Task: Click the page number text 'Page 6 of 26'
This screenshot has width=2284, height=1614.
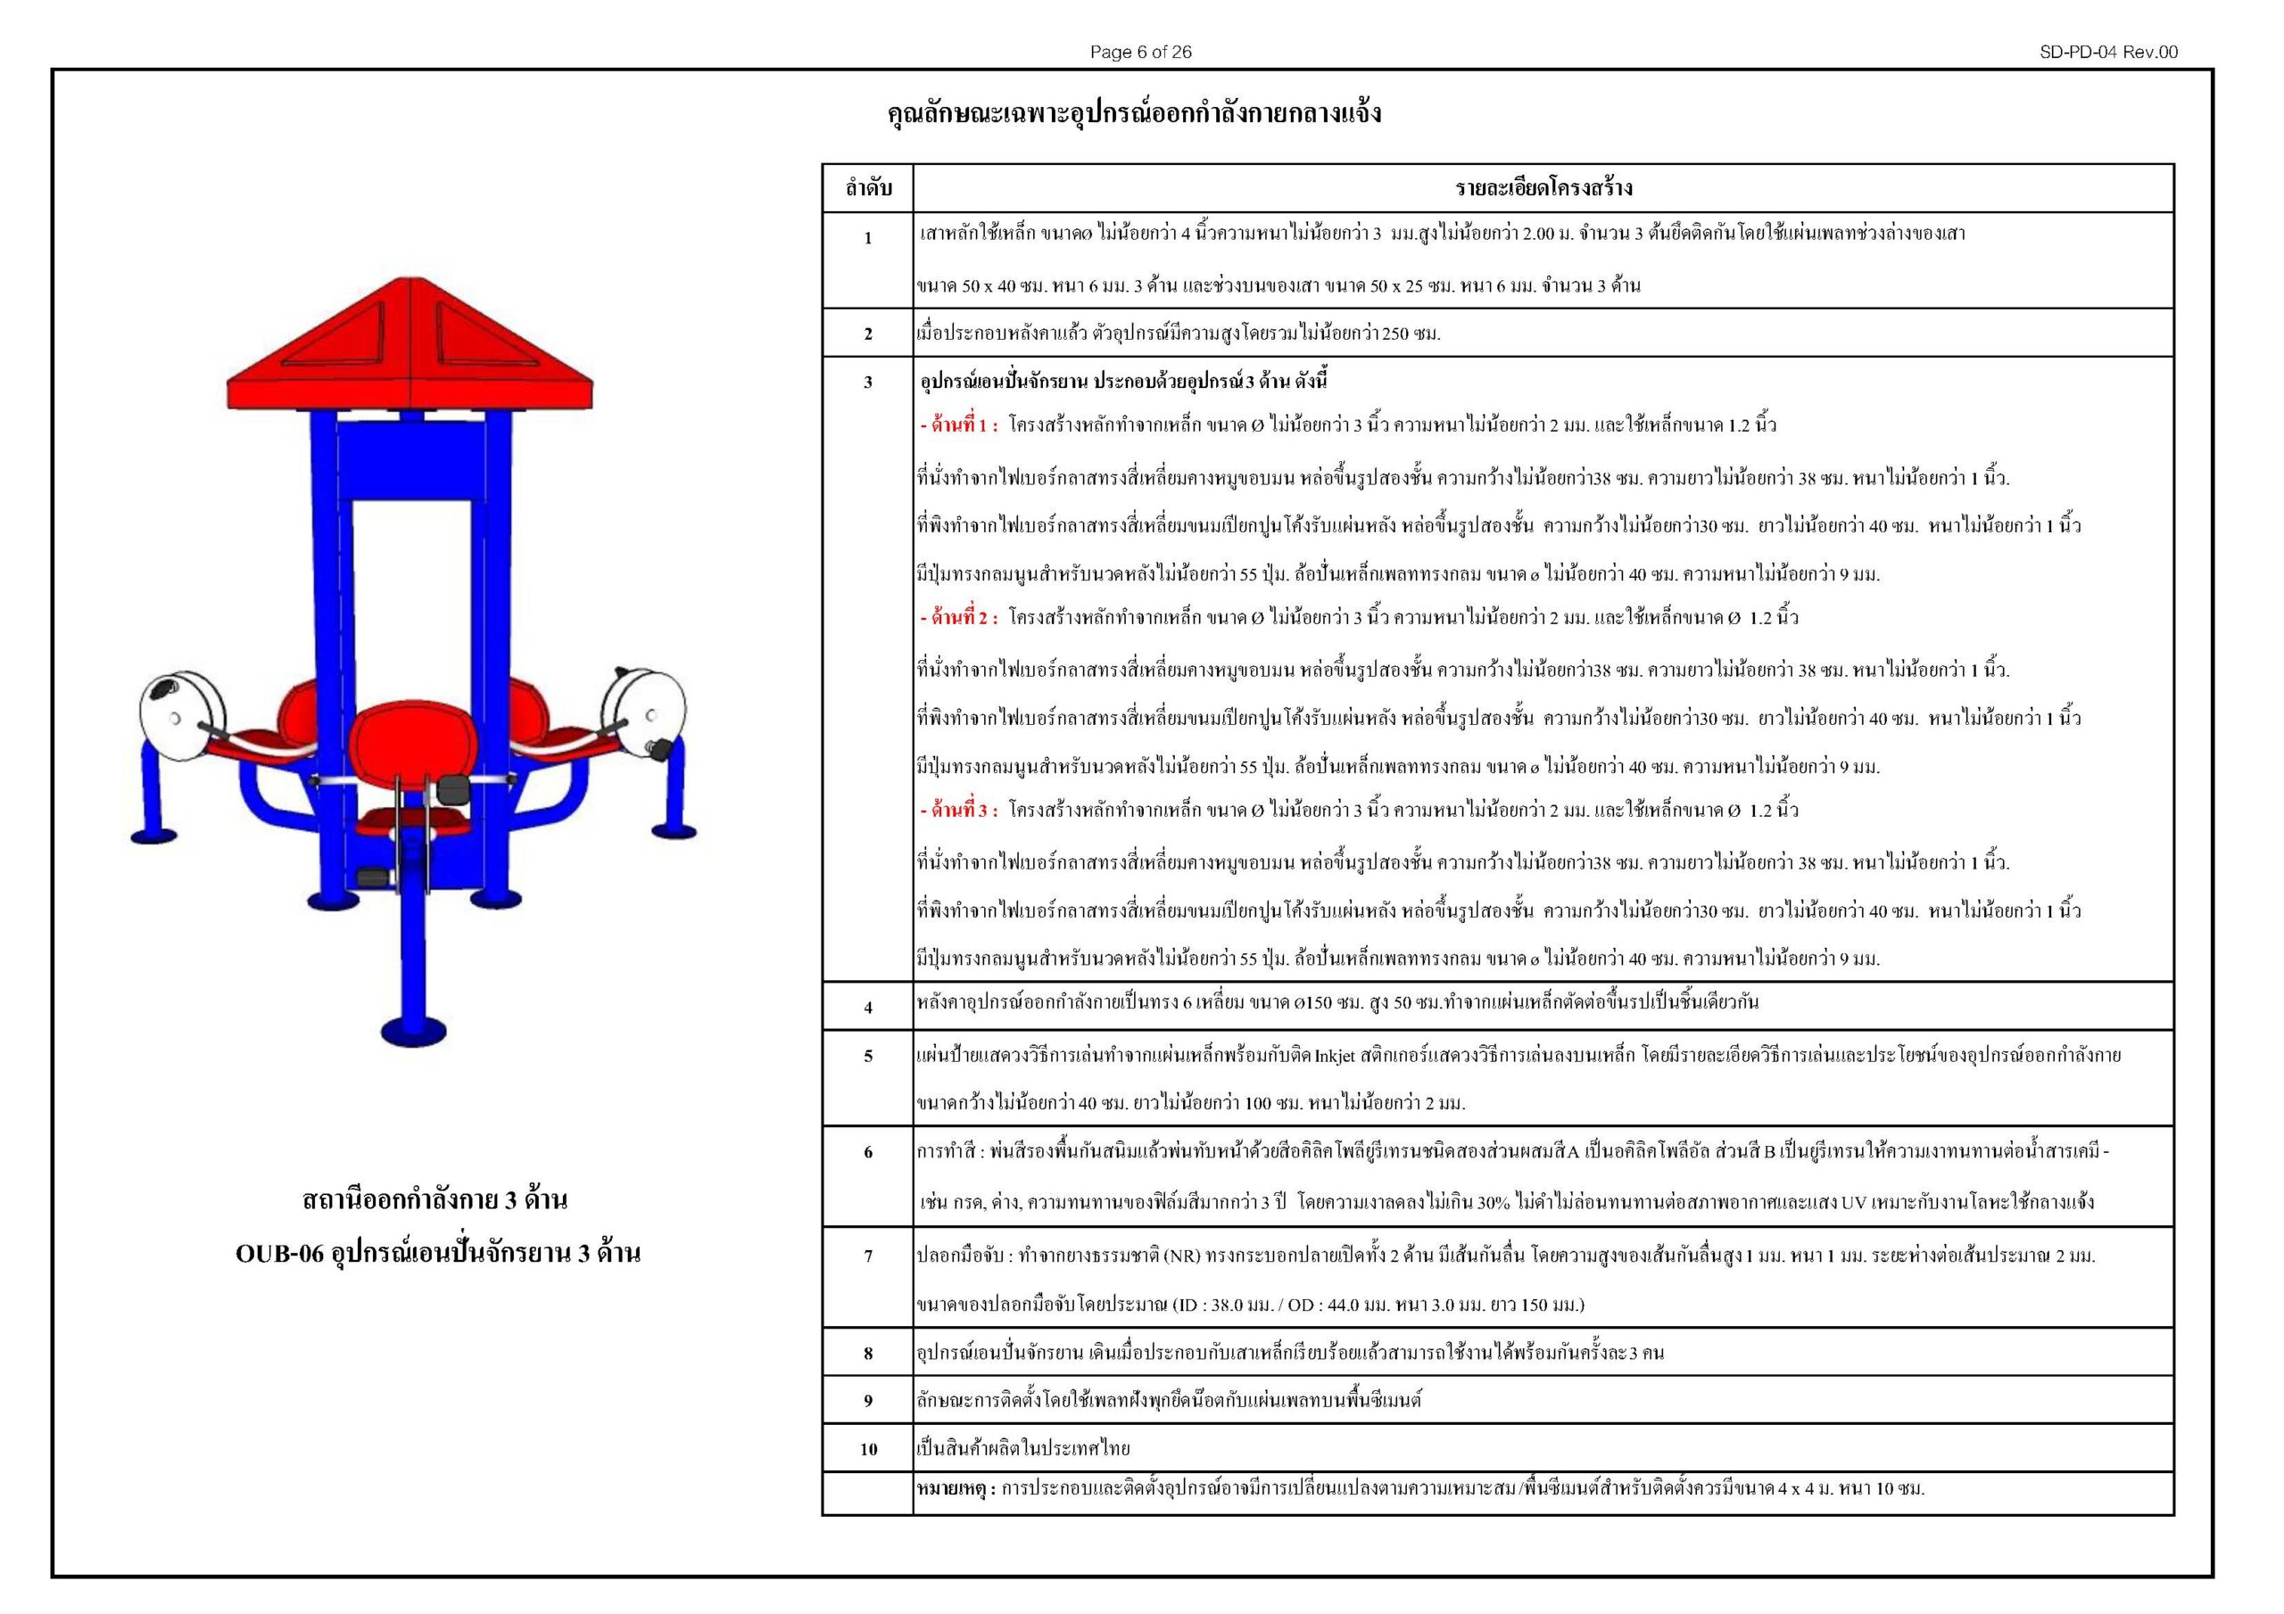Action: click(x=1140, y=53)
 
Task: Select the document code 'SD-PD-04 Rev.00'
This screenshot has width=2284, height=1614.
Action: click(x=2108, y=53)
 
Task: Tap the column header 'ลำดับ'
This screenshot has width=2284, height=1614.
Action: click(x=867, y=188)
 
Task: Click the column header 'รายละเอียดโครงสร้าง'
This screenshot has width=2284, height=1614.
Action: click(x=1543, y=188)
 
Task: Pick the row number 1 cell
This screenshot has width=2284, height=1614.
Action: click(x=867, y=238)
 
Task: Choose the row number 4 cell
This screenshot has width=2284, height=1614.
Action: click(x=867, y=1008)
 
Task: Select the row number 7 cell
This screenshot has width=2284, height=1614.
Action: click(x=867, y=1256)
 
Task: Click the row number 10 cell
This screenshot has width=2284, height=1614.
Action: click(x=867, y=1449)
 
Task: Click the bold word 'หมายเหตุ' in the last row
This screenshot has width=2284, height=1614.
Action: click(x=953, y=1488)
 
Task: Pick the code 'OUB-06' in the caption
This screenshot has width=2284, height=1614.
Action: click(x=279, y=1254)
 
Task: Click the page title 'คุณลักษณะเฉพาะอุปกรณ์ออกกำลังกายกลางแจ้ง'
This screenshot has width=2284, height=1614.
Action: click(x=1134, y=113)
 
